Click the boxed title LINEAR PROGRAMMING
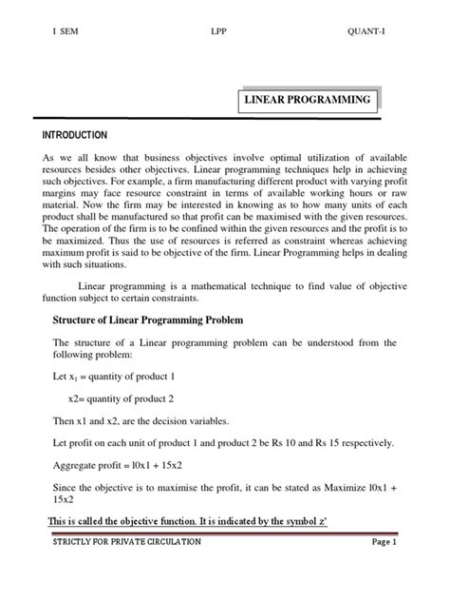(308, 100)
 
